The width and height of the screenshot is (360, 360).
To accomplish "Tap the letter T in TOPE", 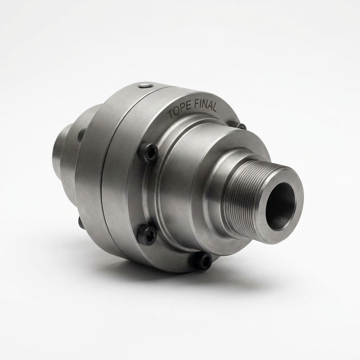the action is point(171,114).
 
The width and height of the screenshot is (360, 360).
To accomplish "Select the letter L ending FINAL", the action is point(214,107).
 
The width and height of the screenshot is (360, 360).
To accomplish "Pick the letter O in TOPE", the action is point(176,112).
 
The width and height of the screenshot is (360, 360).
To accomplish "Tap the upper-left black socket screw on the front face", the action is point(149,153).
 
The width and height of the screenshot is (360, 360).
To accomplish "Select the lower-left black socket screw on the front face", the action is point(147,235).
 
